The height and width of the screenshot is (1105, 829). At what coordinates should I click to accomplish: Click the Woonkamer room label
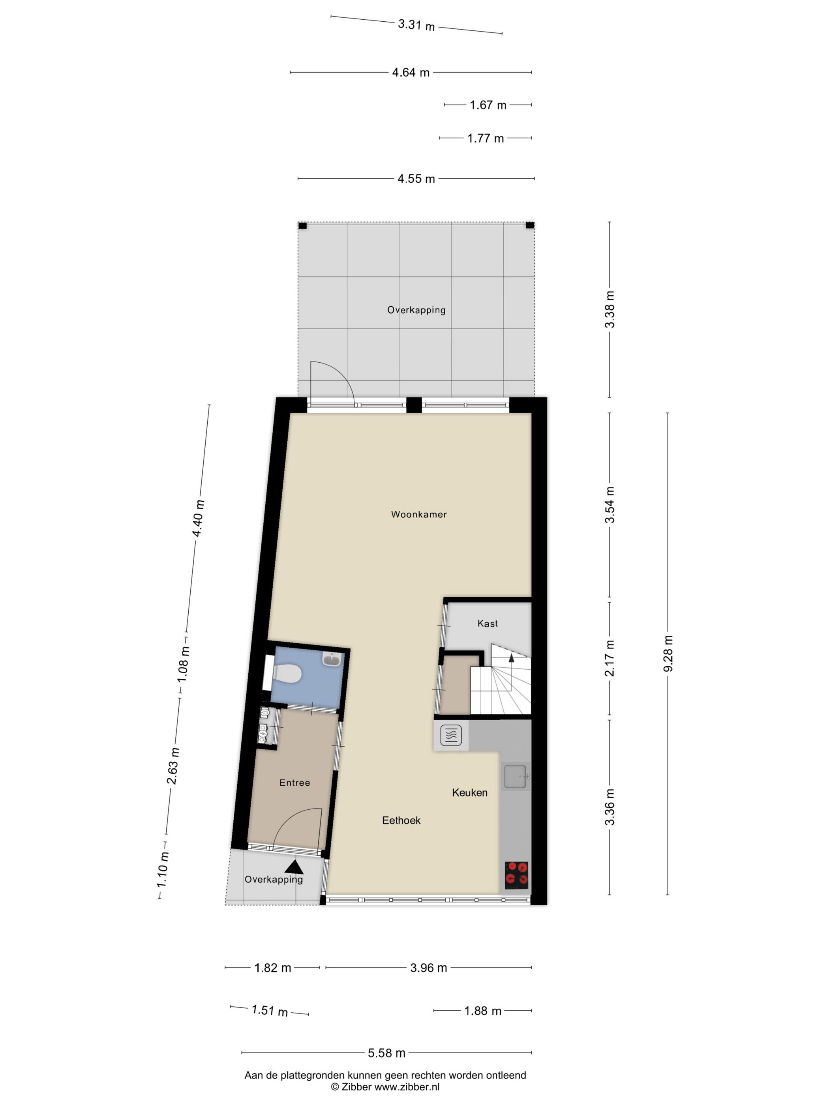tap(419, 514)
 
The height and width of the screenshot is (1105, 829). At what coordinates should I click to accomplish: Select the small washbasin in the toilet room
tap(332, 660)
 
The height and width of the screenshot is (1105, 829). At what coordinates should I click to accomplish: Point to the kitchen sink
tap(516, 777)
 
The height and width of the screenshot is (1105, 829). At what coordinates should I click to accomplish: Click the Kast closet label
tap(487, 624)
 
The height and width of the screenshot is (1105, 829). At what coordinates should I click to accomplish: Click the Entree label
tap(294, 783)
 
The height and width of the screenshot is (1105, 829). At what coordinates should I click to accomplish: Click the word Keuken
tap(470, 792)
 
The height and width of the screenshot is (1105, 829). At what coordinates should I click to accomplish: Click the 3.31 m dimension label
tap(416, 25)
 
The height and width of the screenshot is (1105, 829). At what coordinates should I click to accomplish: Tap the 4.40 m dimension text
tap(199, 518)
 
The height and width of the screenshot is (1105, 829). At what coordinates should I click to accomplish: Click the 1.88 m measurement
tap(483, 1011)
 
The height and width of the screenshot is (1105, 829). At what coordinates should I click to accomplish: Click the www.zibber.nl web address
tap(407, 1086)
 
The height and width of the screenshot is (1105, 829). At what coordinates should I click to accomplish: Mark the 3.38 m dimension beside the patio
tap(610, 309)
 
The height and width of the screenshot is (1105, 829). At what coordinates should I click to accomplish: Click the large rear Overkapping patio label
tap(416, 310)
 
